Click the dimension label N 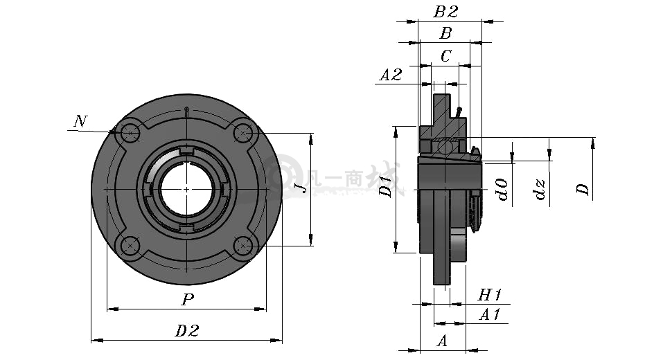[x=80, y=121]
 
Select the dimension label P [x=188, y=300]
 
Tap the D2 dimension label [x=187, y=331]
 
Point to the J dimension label [x=301, y=188]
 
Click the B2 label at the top [x=445, y=11]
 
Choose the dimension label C [x=446, y=56]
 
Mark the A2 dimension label [x=390, y=75]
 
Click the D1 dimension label [x=385, y=187]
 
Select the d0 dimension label [x=502, y=189]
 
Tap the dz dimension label [x=540, y=189]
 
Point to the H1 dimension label [x=490, y=294]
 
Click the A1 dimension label [x=490, y=314]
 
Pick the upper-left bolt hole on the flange [x=129, y=133]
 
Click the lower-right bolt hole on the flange [x=242, y=245]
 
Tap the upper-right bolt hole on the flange [x=242, y=133]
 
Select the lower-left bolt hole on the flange [x=129, y=245]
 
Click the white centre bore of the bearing [x=186, y=189]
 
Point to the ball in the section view [x=445, y=146]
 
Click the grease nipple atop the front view [x=186, y=111]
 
